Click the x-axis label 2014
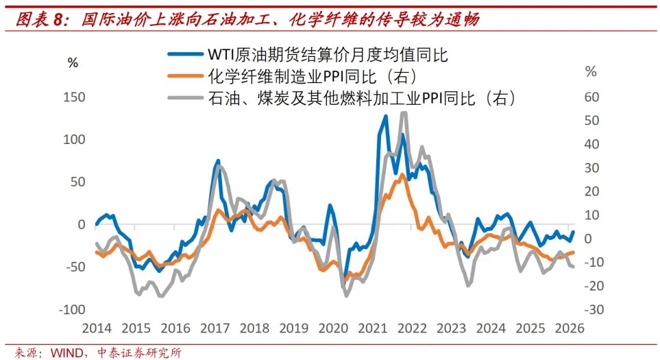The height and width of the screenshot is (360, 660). point(97,328)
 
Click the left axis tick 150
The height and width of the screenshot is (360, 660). point(75,97)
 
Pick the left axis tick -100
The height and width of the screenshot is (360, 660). point(73,310)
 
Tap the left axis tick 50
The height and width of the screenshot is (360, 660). point(77,182)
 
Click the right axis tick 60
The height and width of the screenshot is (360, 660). point(591,97)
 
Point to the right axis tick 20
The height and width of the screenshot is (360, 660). point(591,191)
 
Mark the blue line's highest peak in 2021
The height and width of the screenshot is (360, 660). point(385,117)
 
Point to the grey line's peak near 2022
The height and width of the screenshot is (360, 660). point(404,113)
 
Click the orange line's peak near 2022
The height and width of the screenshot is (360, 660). point(402,174)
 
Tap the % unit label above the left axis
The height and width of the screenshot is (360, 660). point(73,62)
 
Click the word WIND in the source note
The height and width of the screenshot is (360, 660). point(65,352)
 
